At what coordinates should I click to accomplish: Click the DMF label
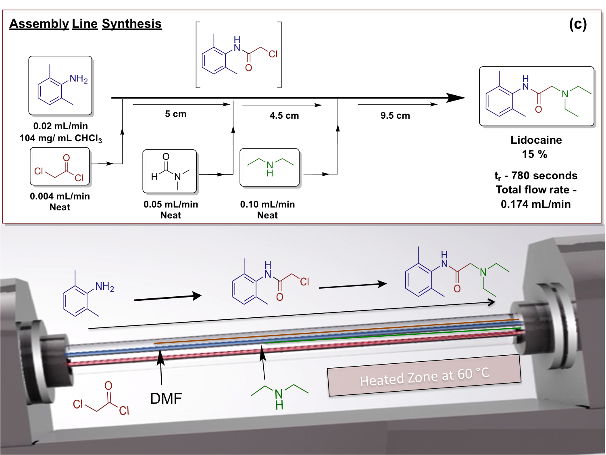click(x=166, y=399)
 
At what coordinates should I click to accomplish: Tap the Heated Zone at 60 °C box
click(x=424, y=376)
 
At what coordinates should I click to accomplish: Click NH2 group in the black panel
click(x=79, y=79)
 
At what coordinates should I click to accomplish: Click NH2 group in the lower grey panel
click(x=105, y=287)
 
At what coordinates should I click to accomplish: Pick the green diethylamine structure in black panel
click(x=270, y=166)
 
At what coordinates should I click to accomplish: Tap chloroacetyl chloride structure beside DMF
click(x=101, y=400)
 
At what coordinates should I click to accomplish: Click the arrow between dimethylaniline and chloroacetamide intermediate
click(x=167, y=298)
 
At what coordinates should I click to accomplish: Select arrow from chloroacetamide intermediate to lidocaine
click(x=353, y=285)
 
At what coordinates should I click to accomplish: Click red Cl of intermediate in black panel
click(x=273, y=54)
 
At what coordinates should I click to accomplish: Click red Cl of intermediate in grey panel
click(x=304, y=282)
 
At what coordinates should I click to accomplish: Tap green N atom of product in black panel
click(x=565, y=94)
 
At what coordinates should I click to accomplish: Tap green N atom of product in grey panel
click(x=483, y=273)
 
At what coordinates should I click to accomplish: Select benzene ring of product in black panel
click(x=500, y=101)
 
